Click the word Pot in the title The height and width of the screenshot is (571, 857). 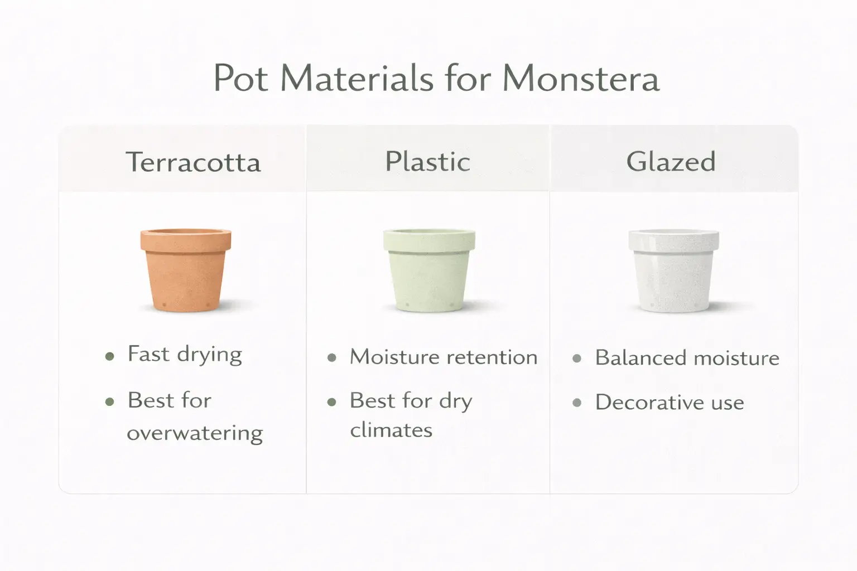[x=241, y=78]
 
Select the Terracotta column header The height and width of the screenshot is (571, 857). [x=193, y=162]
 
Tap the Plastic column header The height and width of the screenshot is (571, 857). [x=428, y=162]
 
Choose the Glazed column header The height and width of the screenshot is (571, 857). [x=671, y=162]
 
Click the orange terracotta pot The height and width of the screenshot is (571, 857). [x=185, y=270]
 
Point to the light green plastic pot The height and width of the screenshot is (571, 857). [x=428, y=270]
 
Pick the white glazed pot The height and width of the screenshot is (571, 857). [x=673, y=271]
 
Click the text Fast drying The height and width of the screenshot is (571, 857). [x=185, y=355]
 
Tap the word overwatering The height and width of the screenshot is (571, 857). [x=195, y=433]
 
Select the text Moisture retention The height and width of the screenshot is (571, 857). [x=444, y=357]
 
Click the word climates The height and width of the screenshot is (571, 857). [x=391, y=430]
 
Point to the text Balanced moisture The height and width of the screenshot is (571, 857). [x=687, y=358]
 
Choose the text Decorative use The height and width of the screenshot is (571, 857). [x=670, y=403]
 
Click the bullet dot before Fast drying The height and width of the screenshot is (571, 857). [x=110, y=356]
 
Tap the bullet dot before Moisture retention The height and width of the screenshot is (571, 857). [x=332, y=358]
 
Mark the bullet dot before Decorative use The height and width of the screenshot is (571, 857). [x=577, y=403]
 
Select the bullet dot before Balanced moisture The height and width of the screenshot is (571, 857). [x=577, y=359]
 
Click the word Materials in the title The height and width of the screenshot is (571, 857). [x=357, y=78]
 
